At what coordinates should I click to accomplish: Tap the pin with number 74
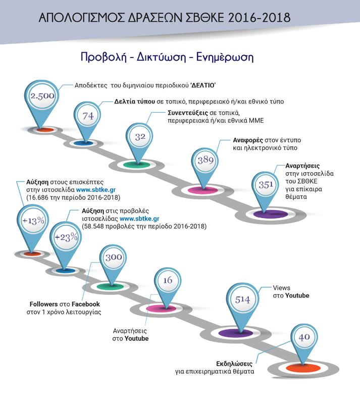[x=88, y=116]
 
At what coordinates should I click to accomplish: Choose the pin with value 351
[x=266, y=184]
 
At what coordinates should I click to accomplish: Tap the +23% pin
[x=65, y=237]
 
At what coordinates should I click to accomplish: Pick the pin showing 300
[x=114, y=257]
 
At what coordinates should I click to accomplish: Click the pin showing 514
[x=242, y=299]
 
